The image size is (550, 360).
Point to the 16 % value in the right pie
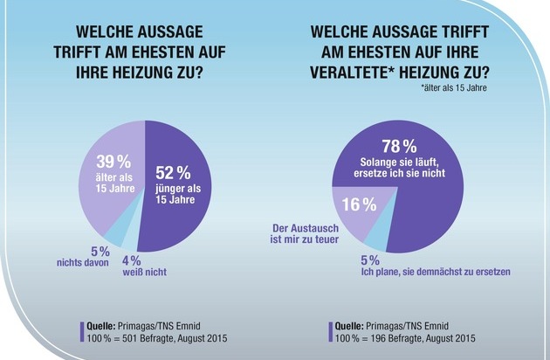point(357,204)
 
